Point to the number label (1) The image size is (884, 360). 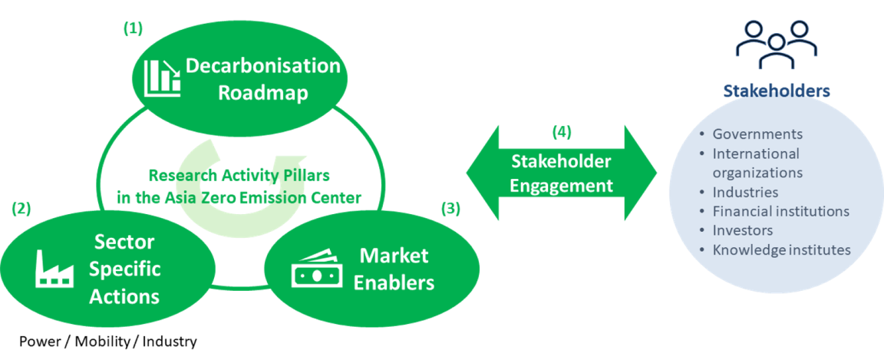(x=133, y=28)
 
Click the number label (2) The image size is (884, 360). (x=21, y=208)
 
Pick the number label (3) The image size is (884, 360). (x=451, y=207)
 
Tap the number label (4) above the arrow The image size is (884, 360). (x=562, y=132)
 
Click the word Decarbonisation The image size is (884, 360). (x=263, y=66)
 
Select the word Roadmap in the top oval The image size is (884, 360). (x=262, y=94)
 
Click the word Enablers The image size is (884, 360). (x=394, y=282)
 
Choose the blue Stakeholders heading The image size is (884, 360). (x=776, y=91)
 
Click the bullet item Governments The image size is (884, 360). (x=757, y=134)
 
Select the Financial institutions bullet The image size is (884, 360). (x=780, y=211)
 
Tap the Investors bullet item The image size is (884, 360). (x=742, y=230)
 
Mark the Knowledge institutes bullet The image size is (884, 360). (x=781, y=249)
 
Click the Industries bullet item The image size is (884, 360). (x=745, y=192)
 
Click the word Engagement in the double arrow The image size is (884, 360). (x=562, y=186)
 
